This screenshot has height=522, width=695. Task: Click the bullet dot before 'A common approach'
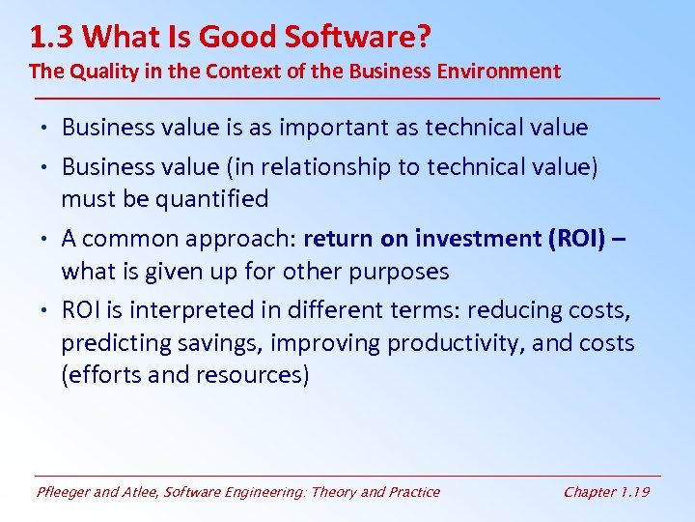tap(47, 239)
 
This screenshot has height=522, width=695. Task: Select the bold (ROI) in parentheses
tap(574, 239)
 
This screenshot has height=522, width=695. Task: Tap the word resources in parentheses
tap(255, 376)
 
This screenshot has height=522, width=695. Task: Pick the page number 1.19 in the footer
tap(633, 492)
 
